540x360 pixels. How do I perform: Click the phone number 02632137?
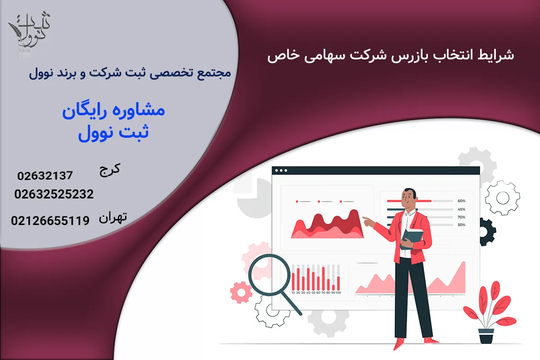coord(45,175)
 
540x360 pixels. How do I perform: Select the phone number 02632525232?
coord(54,194)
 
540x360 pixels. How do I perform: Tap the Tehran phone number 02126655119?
coord(50,220)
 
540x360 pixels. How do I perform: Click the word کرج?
coord(109,170)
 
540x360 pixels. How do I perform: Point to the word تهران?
coord(112,218)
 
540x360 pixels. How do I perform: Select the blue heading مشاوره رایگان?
coord(113,111)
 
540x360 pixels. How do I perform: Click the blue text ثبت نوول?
coord(113,134)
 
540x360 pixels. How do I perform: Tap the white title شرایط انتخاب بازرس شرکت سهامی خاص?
coord(390,56)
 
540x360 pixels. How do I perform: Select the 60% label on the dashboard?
coord(461,201)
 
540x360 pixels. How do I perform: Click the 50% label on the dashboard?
coord(461,225)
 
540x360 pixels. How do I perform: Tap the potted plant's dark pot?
coord(486,336)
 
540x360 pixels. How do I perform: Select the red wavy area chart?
coord(327,225)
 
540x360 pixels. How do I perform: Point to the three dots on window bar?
coord(281,171)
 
